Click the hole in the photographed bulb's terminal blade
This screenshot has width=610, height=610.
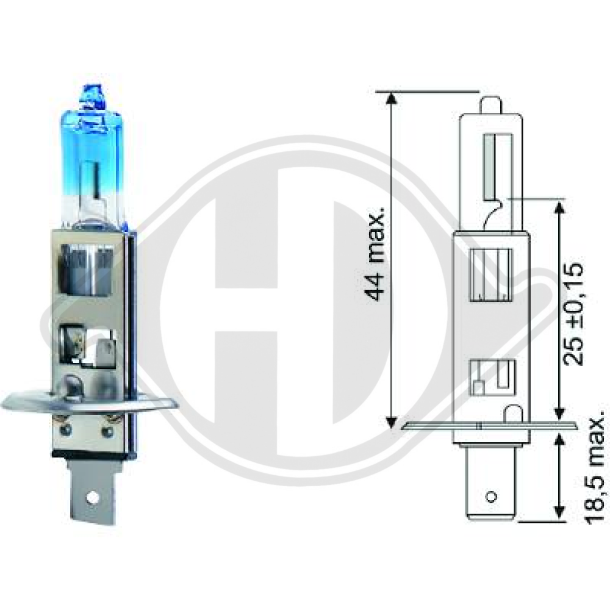pos(93,497)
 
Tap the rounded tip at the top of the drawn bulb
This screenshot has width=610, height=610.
pos(491,104)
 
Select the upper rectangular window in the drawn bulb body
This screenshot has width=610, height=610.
pos(491,275)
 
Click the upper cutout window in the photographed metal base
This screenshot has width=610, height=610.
pos(87,267)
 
